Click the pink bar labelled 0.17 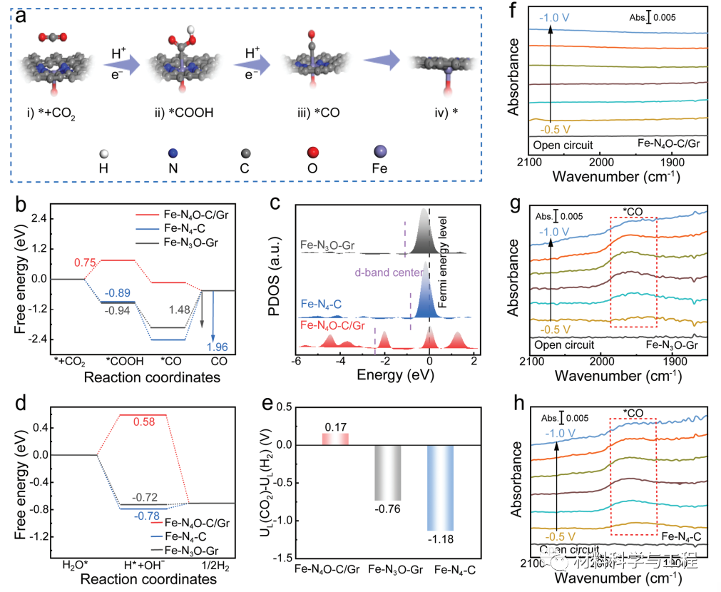[334, 439]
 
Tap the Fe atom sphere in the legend [380, 152]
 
